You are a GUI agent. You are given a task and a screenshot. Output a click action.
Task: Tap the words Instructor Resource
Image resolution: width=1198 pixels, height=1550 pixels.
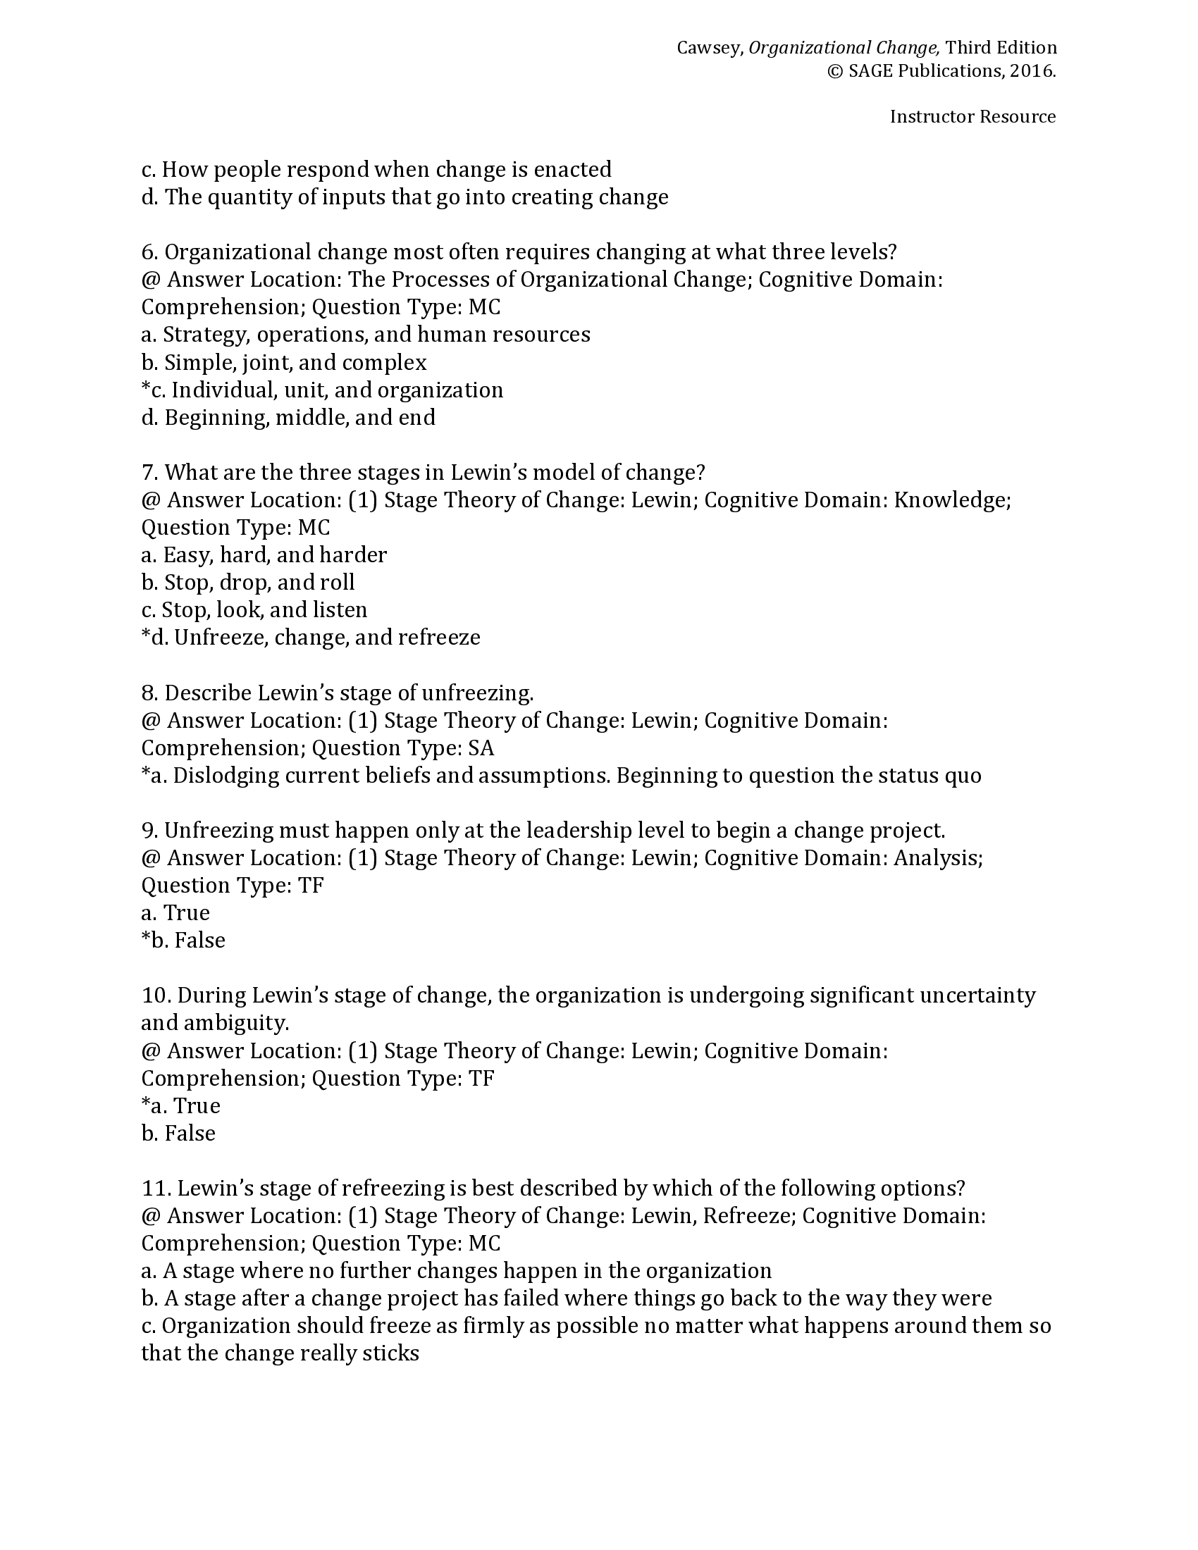coord(972,117)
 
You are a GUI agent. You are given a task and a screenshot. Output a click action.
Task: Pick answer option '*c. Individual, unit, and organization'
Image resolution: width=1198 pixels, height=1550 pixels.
coord(322,390)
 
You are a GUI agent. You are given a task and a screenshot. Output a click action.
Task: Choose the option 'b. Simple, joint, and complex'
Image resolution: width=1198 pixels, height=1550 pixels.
coord(284,363)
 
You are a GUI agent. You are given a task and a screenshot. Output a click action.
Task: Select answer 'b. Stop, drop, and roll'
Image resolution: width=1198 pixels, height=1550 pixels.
coord(247,583)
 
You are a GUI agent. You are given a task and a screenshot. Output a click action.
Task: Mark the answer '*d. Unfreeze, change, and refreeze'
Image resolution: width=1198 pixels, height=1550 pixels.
coord(311,638)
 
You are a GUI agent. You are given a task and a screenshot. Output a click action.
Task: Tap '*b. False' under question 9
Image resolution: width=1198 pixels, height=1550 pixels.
coord(183,941)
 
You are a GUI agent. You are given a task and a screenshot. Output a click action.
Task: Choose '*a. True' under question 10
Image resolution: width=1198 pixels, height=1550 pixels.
coord(181,1105)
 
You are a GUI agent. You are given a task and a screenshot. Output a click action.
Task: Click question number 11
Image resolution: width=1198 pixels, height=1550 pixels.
coord(156,1188)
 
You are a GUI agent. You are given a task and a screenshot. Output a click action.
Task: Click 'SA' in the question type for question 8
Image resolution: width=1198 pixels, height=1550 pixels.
coord(481,748)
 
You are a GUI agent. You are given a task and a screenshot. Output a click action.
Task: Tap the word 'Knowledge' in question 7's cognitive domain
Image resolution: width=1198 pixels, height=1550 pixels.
coord(951,500)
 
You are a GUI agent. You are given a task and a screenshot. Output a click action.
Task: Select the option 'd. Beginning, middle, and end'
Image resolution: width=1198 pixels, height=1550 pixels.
coord(288,417)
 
